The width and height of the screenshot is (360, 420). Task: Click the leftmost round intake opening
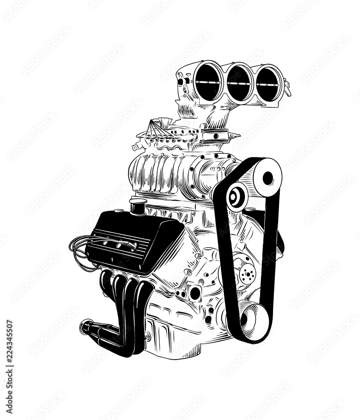[x=208, y=81]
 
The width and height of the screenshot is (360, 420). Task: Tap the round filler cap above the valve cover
[x=138, y=207]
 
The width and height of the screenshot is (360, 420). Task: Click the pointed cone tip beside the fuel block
[x=238, y=136]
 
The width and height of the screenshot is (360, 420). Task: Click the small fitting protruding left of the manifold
[x=135, y=147]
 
